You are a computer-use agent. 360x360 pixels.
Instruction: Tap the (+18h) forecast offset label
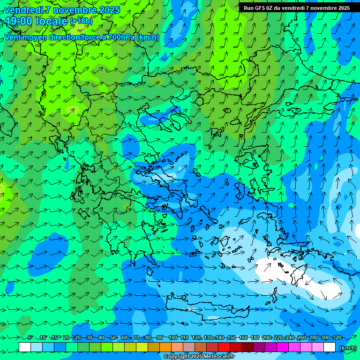click(x=81, y=21)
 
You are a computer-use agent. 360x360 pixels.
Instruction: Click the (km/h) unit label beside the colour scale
click(x=347, y=348)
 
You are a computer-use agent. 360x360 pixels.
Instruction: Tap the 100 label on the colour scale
click(x=173, y=338)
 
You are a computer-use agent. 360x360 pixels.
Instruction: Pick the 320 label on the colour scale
click(x=337, y=338)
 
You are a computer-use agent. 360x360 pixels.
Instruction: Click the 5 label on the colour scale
click(x=30, y=338)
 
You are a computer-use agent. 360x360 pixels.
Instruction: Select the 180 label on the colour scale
click(x=255, y=338)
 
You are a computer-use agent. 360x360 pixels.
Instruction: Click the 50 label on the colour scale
click(x=113, y=338)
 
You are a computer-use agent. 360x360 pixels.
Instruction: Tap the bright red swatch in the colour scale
click(x=224, y=347)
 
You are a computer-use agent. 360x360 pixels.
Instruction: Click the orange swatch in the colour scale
click(x=165, y=347)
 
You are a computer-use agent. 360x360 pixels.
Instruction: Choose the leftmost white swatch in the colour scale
click(x=25, y=347)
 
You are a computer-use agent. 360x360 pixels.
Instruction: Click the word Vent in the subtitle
click(x=13, y=37)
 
